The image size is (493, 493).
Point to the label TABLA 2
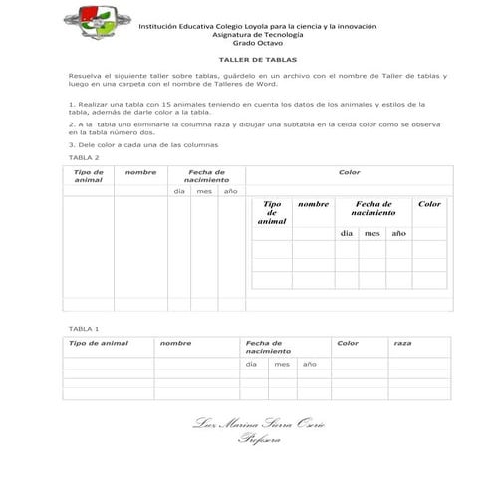tap(83, 158)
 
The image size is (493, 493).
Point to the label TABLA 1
tap(83, 328)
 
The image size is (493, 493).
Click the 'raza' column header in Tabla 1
tap(402, 343)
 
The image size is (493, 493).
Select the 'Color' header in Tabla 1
tap(348, 343)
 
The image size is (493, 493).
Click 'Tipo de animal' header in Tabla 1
tap(98, 343)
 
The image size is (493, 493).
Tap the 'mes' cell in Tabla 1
tap(282, 365)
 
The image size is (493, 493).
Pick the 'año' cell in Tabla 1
tap(309, 365)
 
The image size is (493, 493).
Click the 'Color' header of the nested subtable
tap(429, 204)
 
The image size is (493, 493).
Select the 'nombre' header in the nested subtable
tap(313, 204)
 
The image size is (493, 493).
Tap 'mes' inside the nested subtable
tap(371, 233)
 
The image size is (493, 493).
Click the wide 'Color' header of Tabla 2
tap(349, 172)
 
